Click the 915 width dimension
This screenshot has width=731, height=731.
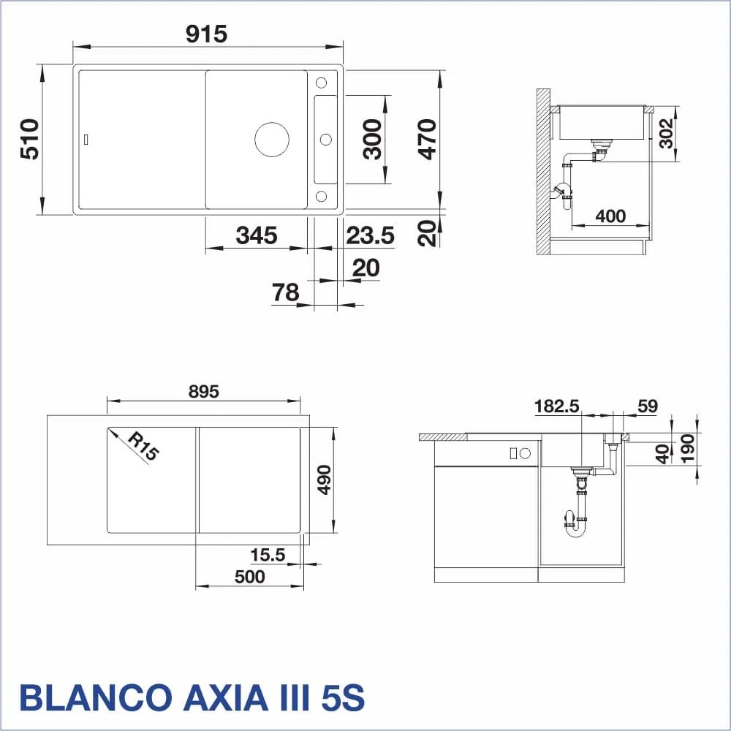pos(206,34)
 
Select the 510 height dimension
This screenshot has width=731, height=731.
pos(30,139)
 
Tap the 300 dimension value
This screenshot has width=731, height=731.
pos(373,139)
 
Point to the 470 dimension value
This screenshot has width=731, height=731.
pos(427,139)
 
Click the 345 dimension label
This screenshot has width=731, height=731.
pos(257,235)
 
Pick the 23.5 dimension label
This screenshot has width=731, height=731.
pos(370,235)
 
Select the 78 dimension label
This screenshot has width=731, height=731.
pos(285,292)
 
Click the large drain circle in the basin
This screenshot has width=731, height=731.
pos(272,140)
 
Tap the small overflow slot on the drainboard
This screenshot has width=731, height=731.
pos(86,139)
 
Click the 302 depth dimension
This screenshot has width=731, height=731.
pos(666,133)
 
